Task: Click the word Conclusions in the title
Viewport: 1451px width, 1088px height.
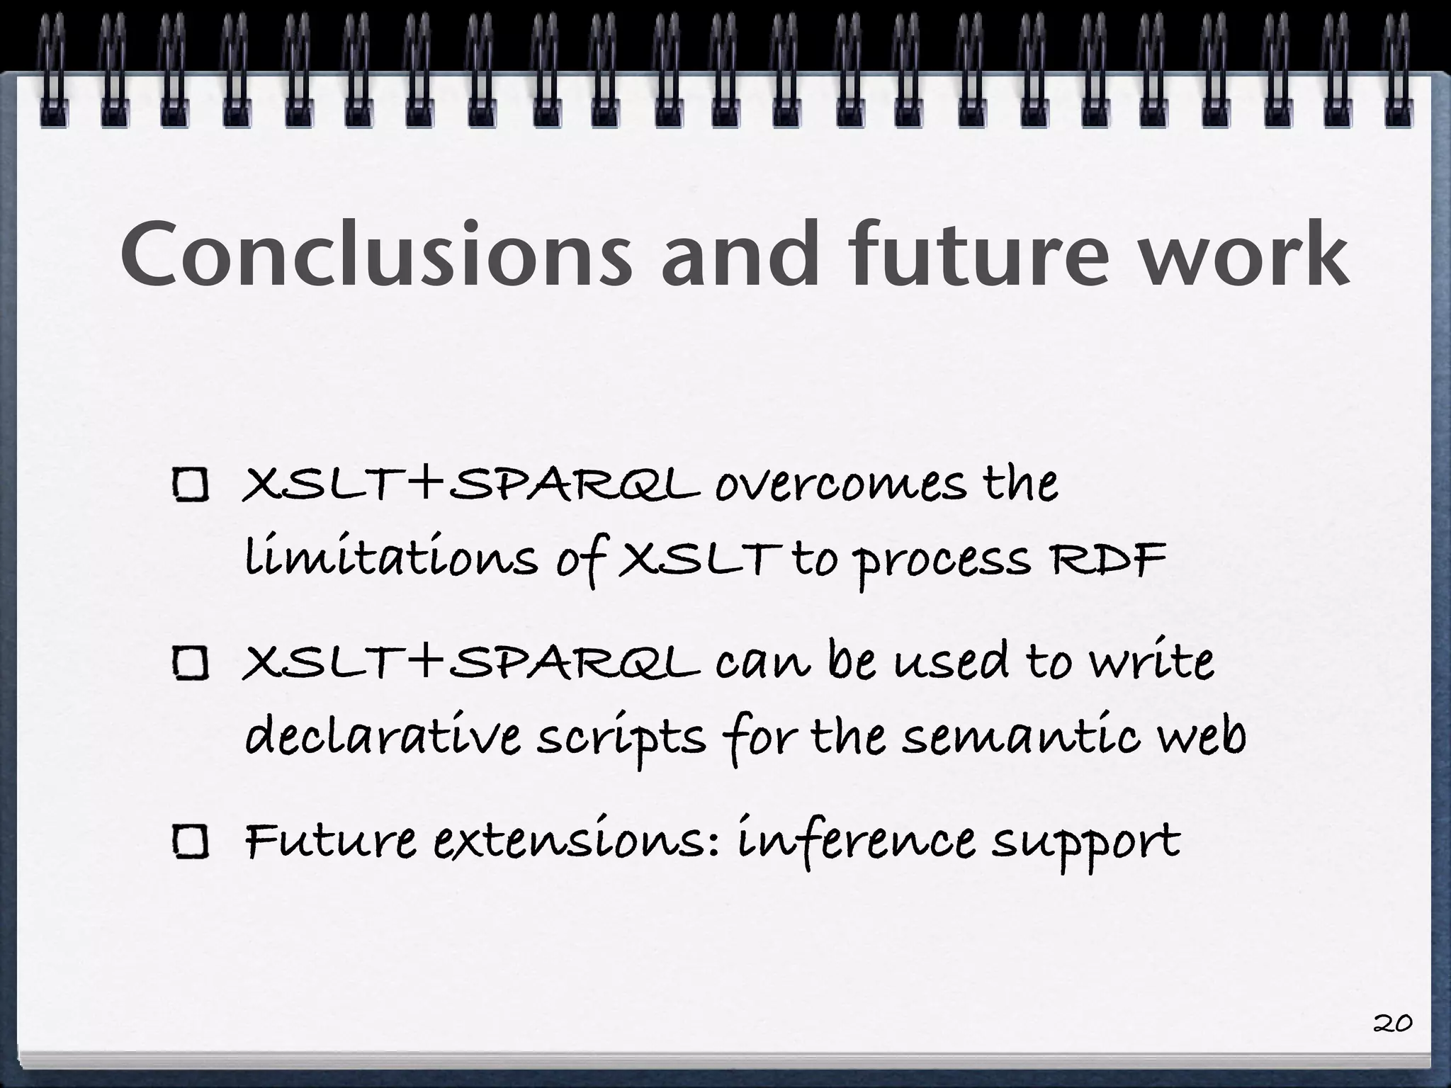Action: (376, 255)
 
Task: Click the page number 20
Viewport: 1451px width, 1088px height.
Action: (1392, 1023)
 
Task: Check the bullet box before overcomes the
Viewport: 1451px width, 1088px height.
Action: (191, 487)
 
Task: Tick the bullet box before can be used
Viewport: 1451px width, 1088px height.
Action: (191, 664)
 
